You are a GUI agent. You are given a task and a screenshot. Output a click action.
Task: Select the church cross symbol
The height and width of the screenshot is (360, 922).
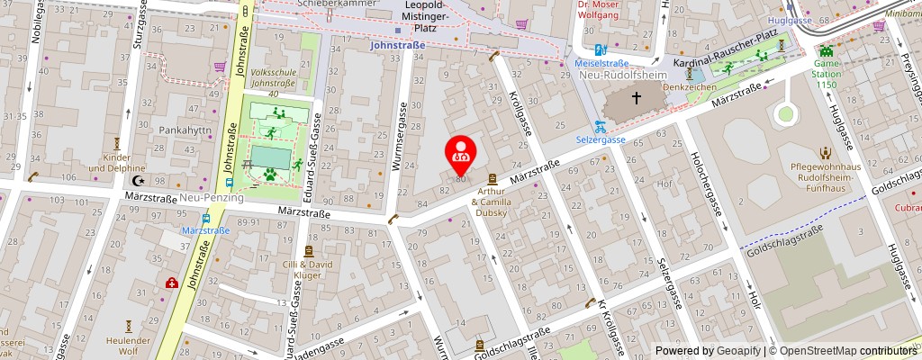coord(637,97)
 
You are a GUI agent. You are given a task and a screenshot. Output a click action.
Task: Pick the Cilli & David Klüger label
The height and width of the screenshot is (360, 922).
coord(309,271)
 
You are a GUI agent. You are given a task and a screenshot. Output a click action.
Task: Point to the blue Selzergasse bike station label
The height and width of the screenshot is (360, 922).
coord(601,140)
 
